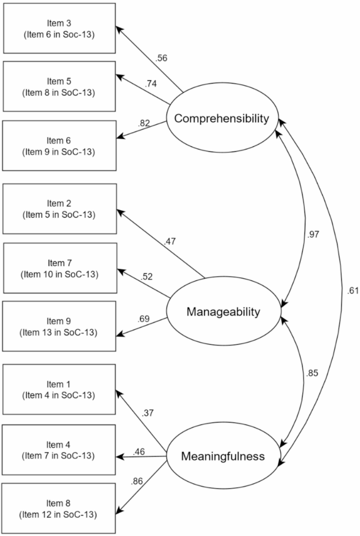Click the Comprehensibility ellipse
tap(222, 118)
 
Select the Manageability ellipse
tap(223, 312)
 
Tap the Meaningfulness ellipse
tap(223, 456)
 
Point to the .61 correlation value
tap(346, 290)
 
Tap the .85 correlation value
tap(313, 375)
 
